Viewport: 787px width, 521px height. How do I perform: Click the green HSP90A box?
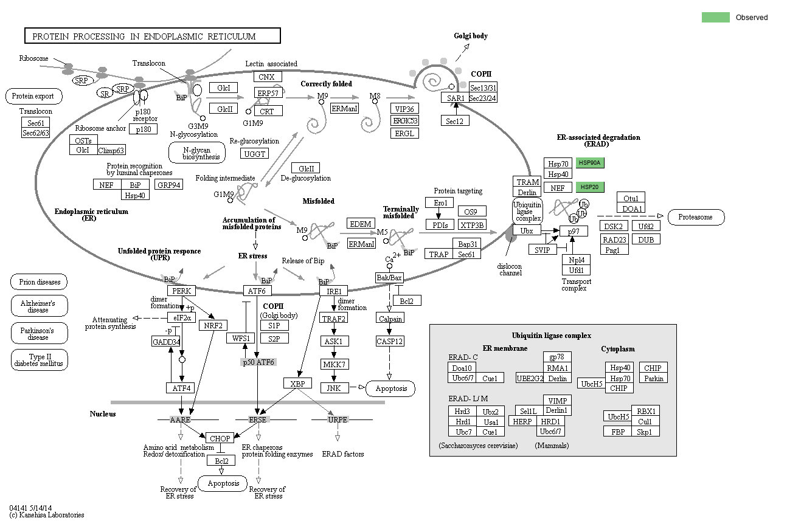tap(589, 163)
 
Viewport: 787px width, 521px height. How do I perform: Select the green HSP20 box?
tap(589, 187)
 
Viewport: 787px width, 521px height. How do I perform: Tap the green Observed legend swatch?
tap(715, 17)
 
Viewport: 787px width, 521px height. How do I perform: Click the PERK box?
tap(182, 291)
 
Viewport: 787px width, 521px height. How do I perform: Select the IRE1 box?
tap(333, 291)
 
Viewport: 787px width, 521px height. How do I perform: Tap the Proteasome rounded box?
tap(696, 217)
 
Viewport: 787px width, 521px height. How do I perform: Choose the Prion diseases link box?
tap(39, 282)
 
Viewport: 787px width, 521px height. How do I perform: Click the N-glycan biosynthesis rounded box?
tap(196, 153)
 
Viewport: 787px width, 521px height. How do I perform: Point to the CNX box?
tap(267, 77)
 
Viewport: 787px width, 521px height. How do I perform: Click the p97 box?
tap(574, 231)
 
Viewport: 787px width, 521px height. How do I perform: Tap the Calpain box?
tap(389, 319)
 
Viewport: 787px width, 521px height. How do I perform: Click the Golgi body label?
tap(471, 36)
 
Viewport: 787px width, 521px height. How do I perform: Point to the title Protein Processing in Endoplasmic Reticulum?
tap(152, 36)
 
